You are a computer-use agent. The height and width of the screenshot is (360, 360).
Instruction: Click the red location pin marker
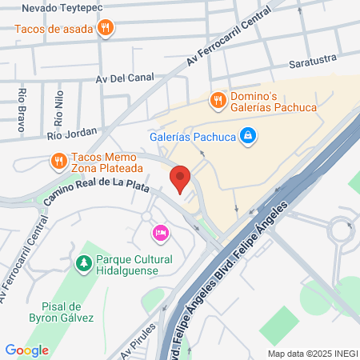[181, 178]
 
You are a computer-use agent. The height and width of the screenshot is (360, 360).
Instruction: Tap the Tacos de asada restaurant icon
[106, 29]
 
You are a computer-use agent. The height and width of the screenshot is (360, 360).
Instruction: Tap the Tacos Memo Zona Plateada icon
[58, 162]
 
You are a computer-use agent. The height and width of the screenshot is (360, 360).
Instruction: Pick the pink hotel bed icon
[159, 232]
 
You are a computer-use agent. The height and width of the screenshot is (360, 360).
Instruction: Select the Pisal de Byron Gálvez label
[62, 311]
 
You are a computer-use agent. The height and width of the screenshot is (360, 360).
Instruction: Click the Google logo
[26, 350]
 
